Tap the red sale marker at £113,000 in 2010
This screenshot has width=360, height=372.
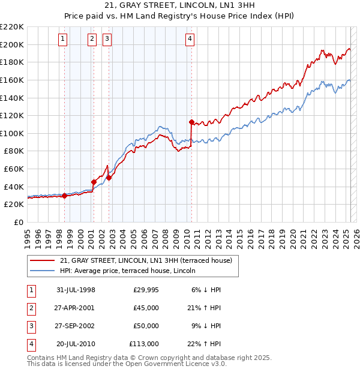point(191,122)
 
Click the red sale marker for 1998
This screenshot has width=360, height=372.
point(64,195)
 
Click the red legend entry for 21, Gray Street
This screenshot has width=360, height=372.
point(149,260)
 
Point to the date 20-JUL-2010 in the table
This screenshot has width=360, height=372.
point(76,344)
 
